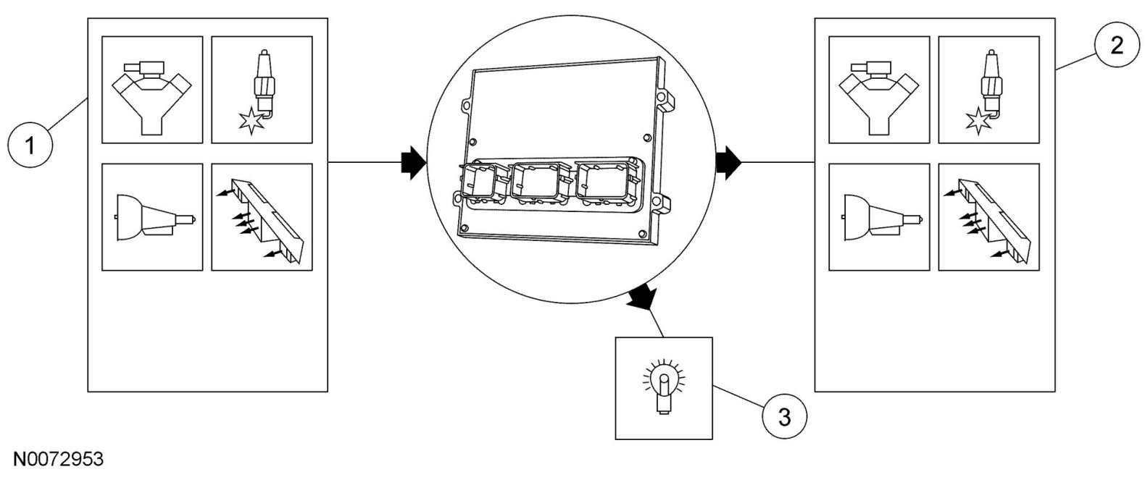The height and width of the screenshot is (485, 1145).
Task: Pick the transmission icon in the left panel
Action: (152, 217)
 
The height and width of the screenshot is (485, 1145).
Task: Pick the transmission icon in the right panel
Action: (879, 217)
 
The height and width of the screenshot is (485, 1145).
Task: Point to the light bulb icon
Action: (663, 387)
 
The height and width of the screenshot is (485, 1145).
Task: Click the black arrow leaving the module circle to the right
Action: (728, 163)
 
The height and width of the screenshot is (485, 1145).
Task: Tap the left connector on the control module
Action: (480, 182)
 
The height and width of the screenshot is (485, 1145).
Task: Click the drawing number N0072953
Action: (57, 460)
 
